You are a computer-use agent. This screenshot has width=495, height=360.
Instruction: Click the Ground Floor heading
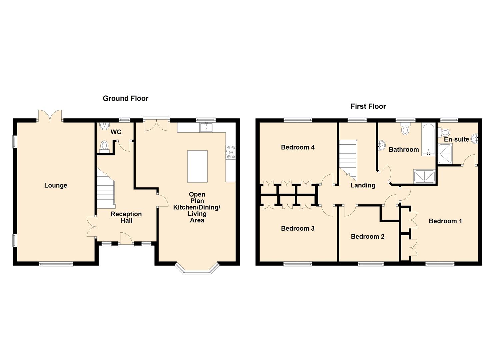coord(126,98)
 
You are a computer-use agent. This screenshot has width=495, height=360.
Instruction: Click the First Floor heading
coord(368,107)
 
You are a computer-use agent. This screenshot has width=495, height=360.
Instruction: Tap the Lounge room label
coord(56,185)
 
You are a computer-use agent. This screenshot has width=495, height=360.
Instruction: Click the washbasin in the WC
coord(104,126)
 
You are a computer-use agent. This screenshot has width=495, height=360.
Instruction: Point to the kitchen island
coord(197,166)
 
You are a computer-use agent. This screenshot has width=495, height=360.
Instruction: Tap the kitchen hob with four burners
coord(231,152)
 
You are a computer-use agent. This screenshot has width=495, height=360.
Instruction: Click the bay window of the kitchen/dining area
coord(197,269)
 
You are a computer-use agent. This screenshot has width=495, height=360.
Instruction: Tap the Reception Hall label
coord(126,217)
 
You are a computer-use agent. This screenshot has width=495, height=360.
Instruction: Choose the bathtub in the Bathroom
coord(428,139)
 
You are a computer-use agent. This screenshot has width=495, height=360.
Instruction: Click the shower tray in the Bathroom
coord(424,177)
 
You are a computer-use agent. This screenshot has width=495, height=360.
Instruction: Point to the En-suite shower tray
coord(445,154)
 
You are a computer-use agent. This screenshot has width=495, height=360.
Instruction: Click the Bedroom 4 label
coord(298,147)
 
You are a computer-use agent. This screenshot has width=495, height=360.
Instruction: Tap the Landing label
coord(363,185)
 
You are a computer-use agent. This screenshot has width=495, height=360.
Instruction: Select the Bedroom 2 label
coord(368,237)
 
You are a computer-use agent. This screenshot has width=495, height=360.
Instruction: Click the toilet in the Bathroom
coord(405,129)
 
